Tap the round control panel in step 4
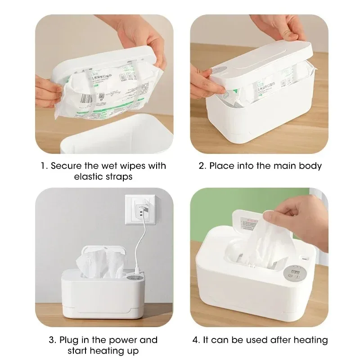pyautogui.click(x=284, y=275)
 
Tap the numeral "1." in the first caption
pyautogui.click(x=44, y=166)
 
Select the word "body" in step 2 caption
pyautogui.click(x=311, y=166)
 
